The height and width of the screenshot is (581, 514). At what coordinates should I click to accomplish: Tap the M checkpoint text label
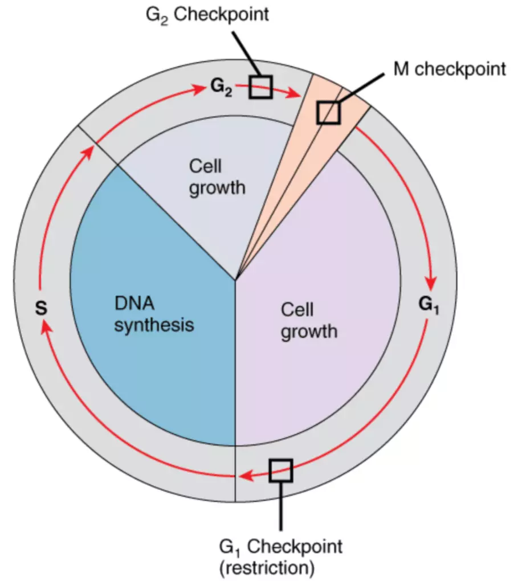click(x=450, y=69)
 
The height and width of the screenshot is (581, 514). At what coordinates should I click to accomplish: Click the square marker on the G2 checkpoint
click(x=260, y=87)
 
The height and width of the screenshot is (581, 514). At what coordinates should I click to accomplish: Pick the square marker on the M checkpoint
click(x=328, y=112)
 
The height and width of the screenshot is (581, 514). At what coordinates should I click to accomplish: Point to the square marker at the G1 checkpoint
click(x=280, y=470)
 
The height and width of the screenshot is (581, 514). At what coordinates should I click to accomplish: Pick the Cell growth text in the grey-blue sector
click(x=217, y=177)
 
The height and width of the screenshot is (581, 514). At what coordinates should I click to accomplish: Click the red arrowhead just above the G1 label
click(x=432, y=283)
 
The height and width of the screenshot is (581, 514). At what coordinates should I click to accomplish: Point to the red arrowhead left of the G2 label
click(x=201, y=89)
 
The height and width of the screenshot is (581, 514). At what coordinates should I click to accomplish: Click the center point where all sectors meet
click(x=235, y=279)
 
